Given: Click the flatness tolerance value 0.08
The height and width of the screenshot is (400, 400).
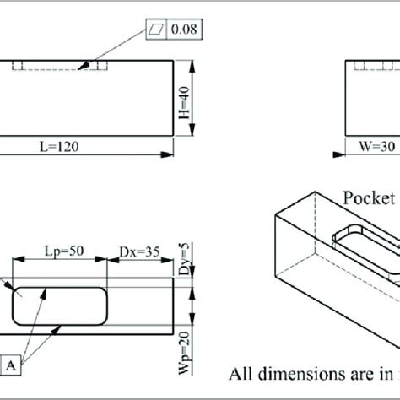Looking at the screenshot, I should click(x=186, y=30).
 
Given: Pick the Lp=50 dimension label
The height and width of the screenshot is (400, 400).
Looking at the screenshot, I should click(x=64, y=251).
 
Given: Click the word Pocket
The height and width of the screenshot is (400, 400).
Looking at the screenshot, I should click(x=368, y=198).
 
